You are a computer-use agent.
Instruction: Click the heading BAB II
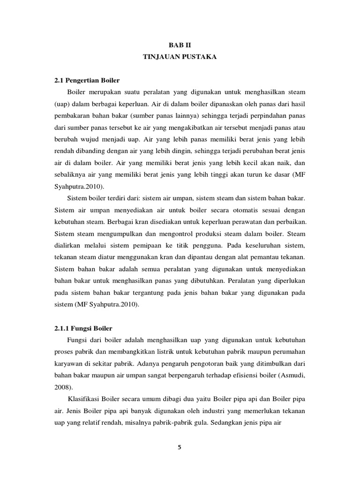180,45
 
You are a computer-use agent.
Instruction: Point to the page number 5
180,447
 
